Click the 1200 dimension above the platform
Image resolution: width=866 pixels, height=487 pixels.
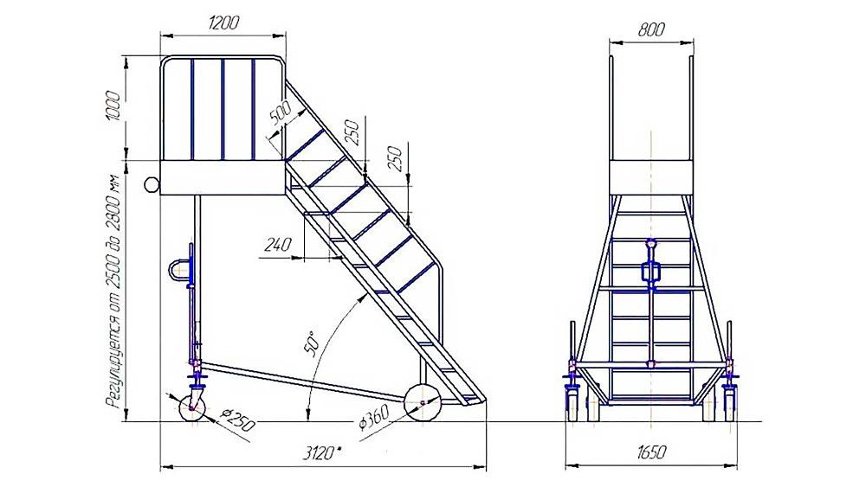click(x=224, y=22)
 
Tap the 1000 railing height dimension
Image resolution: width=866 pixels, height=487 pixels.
click(x=112, y=106)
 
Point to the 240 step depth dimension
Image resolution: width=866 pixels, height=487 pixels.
click(x=277, y=244)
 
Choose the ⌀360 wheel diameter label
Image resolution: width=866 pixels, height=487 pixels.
click(x=373, y=418)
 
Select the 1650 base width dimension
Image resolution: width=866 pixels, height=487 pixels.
click(x=651, y=452)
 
